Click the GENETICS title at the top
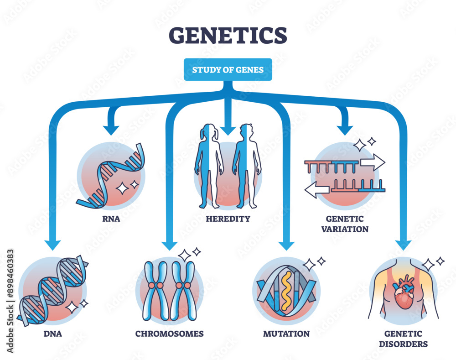228,36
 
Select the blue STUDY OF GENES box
228,69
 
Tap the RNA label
111,218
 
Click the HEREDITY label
228,219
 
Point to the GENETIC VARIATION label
345,224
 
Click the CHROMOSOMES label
169,334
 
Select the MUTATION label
286,334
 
